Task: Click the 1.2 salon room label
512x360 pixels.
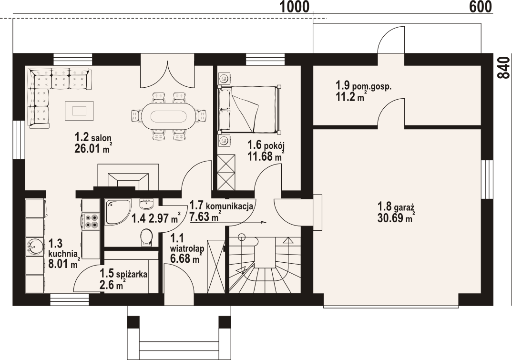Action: [93, 136]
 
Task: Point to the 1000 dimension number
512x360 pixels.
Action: [294, 7]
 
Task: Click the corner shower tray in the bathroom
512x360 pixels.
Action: [118, 211]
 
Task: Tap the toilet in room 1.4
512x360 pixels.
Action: [146, 237]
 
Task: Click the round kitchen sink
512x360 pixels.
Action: [35, 246]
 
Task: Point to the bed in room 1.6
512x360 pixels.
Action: [249, 110]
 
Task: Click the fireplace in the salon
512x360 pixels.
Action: [128, 177]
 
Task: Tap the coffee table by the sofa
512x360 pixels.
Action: [79, 111]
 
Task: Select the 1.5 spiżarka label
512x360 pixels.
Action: [123, 274]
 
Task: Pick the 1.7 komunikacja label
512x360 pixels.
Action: [221, 206]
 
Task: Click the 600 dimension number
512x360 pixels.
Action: [481, 7]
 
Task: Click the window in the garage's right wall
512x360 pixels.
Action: [487, 179]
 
